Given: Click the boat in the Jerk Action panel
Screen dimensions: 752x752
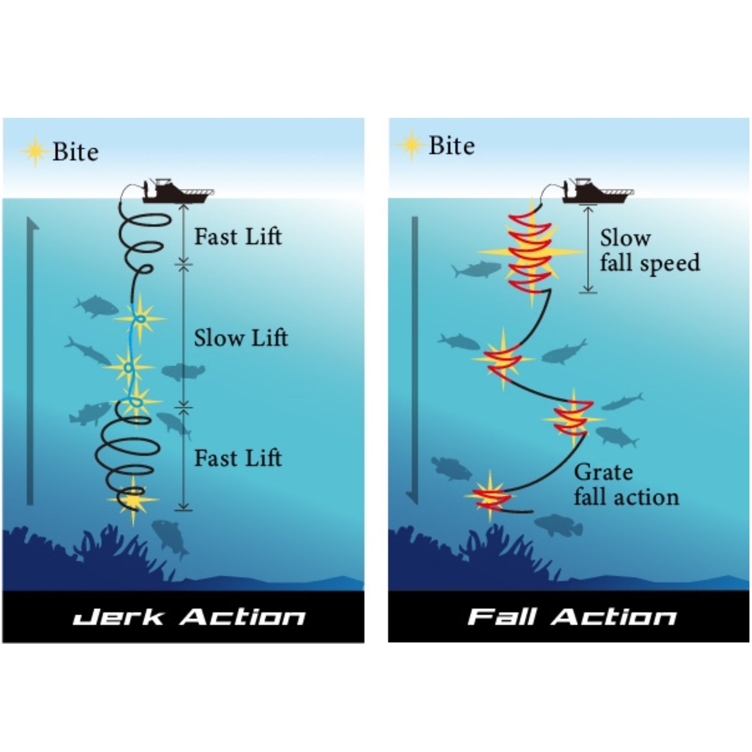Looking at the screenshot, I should [x=177, y=192].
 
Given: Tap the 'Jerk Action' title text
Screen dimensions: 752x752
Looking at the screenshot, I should [x=189, y=617].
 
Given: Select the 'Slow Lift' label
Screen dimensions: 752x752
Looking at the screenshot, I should [x=240, y=338].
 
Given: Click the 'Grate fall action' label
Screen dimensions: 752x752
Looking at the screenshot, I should [x=626, y=485].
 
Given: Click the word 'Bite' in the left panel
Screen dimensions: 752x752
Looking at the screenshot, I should [x=75, y=152].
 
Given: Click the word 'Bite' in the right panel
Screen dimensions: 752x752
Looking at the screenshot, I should [x=451, y=146].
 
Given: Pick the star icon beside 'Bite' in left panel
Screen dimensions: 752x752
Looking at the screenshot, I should [x=34, y=151].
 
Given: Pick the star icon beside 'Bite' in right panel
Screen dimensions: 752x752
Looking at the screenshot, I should [x=411, y=145].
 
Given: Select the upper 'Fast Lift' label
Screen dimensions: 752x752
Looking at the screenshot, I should [x=238, y=237].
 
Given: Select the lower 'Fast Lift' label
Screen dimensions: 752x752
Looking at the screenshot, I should [x=238, y=458].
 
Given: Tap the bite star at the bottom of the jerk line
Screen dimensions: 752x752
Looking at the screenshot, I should [x=133, y=500].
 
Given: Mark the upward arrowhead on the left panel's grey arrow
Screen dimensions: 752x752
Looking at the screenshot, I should [x=32, y=225].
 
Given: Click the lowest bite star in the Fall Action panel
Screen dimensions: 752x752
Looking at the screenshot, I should [x=490, y=497].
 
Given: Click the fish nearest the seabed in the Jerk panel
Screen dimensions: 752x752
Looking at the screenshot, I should [x=170, y=536].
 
